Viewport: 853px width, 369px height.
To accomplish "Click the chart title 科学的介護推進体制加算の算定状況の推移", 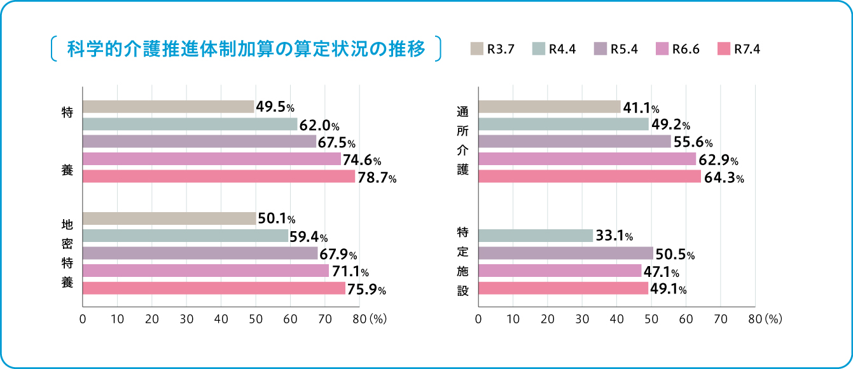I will (246, 50).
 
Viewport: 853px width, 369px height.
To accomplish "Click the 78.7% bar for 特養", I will (219, 177).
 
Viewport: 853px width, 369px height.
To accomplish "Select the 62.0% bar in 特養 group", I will (190, 124).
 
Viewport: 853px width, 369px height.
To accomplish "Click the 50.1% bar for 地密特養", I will (169, 219).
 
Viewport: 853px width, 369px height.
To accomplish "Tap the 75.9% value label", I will (366, 289).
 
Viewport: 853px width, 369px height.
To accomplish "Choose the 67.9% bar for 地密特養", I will (200, 253).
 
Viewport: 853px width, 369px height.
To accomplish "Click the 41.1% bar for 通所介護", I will (549, 107).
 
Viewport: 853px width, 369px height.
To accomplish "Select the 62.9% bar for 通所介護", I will (586, 159).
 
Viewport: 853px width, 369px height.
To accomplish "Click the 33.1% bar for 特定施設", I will (535, 236).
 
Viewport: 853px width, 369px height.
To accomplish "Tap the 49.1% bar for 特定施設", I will (563, 288).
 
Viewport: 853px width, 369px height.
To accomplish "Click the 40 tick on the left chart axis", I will (221, 319).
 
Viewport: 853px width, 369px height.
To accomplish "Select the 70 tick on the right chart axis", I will (720, 319).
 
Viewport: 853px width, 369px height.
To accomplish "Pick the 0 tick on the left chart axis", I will (83, 319).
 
